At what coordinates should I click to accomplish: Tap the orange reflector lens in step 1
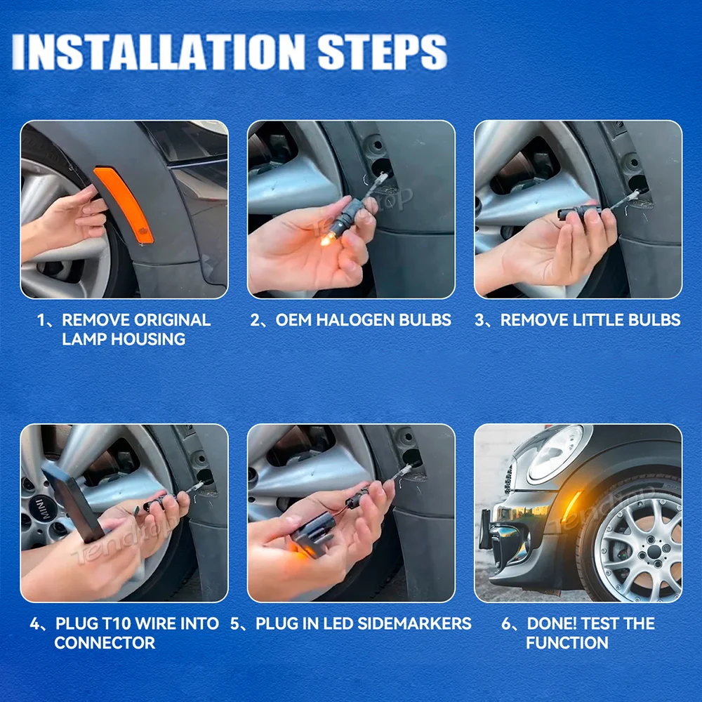(x=124, y=204)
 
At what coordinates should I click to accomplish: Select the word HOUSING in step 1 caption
(x=148, y=339)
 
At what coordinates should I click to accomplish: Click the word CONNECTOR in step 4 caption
(x=105, y=642)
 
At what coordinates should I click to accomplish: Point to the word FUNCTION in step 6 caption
(x=567, y=642)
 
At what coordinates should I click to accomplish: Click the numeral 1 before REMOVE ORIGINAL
(x=41, y=319)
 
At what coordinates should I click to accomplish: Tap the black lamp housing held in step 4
(x=74, y=502)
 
